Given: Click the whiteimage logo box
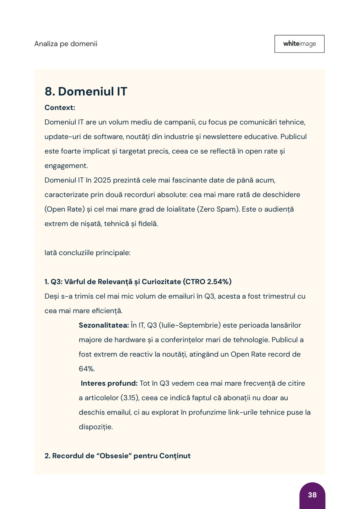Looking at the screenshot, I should [299, 44].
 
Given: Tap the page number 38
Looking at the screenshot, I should [312, 495].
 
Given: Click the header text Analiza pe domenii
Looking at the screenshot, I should [66, 44].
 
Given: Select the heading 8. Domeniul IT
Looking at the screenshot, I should [86, 91].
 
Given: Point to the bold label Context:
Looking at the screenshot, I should [60, 108].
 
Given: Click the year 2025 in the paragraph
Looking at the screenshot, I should [102, 180].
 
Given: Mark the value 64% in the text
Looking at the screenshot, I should [87, 369].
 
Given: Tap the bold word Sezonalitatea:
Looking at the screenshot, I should [104, 325].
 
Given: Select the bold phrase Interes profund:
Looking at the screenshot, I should [109, 383].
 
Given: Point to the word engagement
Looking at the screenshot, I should [66, 166].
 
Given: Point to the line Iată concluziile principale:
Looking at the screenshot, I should [87, 253].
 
